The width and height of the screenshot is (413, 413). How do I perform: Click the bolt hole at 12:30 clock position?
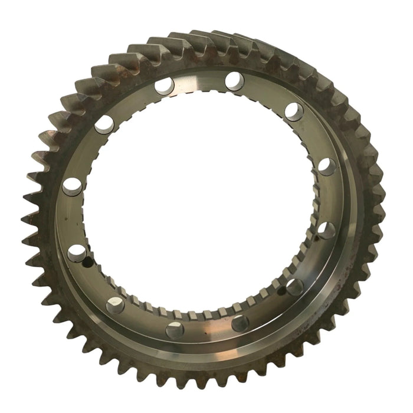click(x=234, y=80)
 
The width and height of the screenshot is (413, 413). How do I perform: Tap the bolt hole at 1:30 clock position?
click(x=293, y=110)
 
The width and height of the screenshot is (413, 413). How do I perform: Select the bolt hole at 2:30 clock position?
click(x=326, y=166)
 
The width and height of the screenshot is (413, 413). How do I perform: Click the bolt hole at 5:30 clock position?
click(x=240, y=323)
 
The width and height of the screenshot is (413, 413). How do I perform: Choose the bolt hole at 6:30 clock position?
click(x=175, y=330)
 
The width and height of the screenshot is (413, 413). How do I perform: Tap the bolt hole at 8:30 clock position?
click(x=77, y=253)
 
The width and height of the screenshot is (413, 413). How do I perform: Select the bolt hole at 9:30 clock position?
click(x=72, y=186)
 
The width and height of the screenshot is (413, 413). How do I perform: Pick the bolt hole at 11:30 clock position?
click(x=164, y=86)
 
